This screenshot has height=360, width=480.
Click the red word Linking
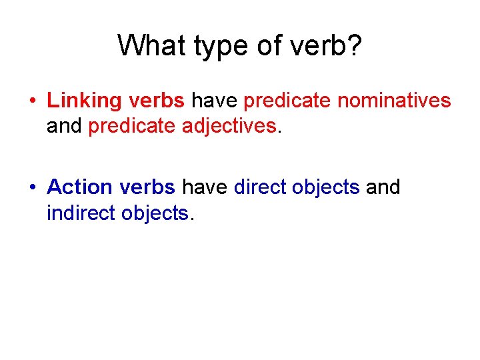click(84, 101)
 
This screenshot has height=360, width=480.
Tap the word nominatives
click(394, 101)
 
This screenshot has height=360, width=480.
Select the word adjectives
click(229, 126)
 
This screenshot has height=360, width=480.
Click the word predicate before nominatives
click(288, 101)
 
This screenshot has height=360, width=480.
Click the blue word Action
click(80, 187)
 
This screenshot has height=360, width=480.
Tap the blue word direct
click(263, 187)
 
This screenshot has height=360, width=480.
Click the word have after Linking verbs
click(215, 101)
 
